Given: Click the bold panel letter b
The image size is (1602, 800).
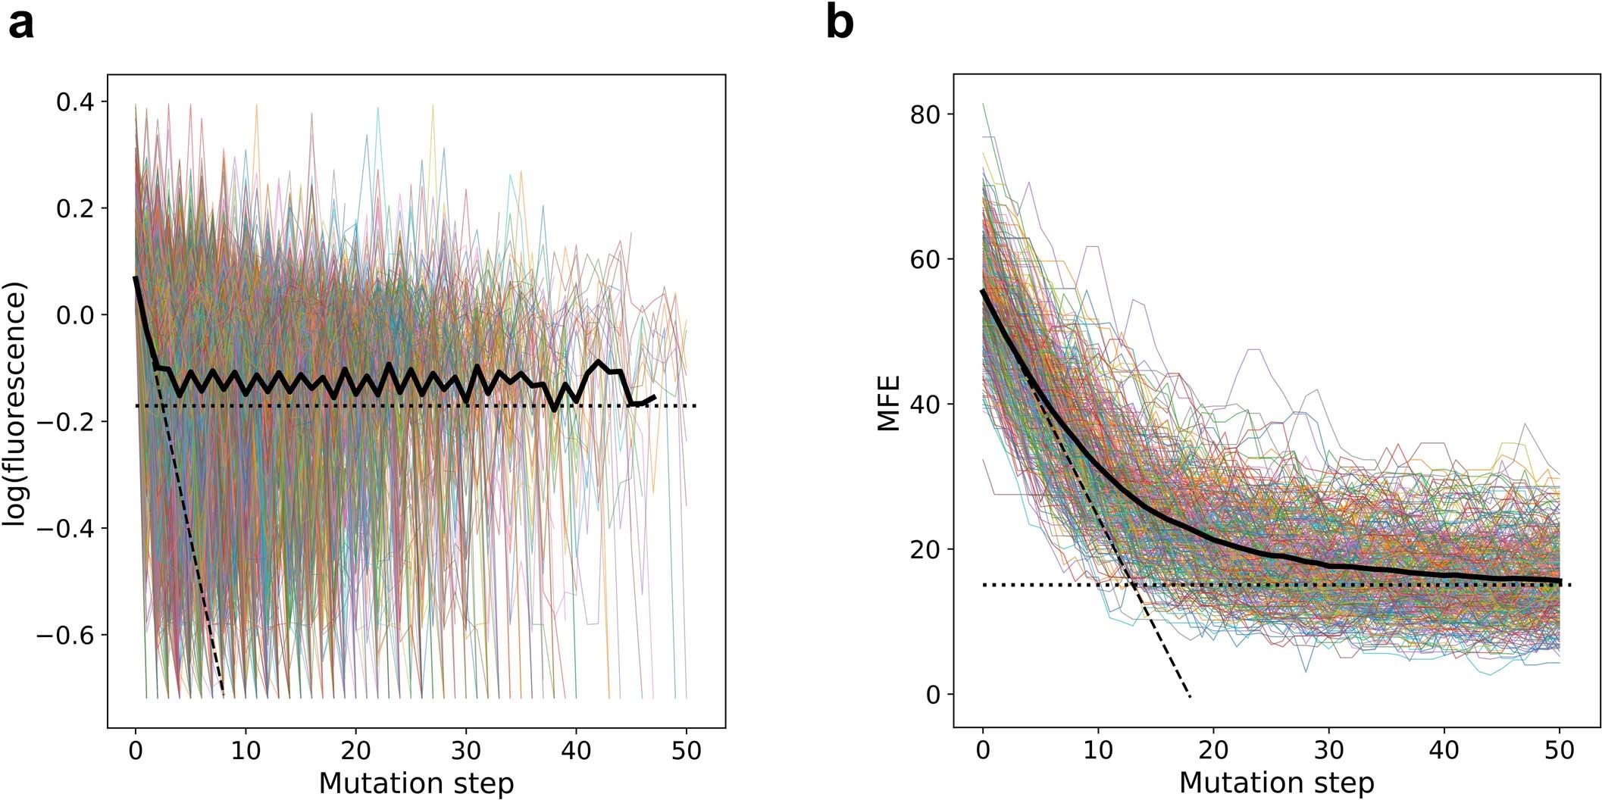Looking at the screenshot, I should pyautogui.click(x=840, y=23).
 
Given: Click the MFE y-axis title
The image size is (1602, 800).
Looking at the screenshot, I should pyautogui.click(x=888, y=403).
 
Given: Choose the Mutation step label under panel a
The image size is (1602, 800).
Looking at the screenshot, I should pyautogui.click(x=416, y=783).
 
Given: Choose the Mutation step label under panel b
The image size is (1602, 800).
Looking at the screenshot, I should pyautogui.click(x=1276, y=783).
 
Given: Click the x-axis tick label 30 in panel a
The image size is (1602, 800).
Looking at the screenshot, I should pyautogui.click(x=466, y=751).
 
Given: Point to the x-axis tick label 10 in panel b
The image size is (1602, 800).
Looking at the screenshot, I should pyautogui.click(x=1098, y=751).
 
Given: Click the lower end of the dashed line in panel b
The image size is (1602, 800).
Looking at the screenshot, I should pyautogui.click(x=1190, y=695).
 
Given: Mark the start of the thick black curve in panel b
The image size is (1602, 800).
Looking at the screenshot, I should pyautogui.click(x=983, y=291).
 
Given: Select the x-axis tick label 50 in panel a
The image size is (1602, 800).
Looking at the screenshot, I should pyautogui.click(x=686, y=751).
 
